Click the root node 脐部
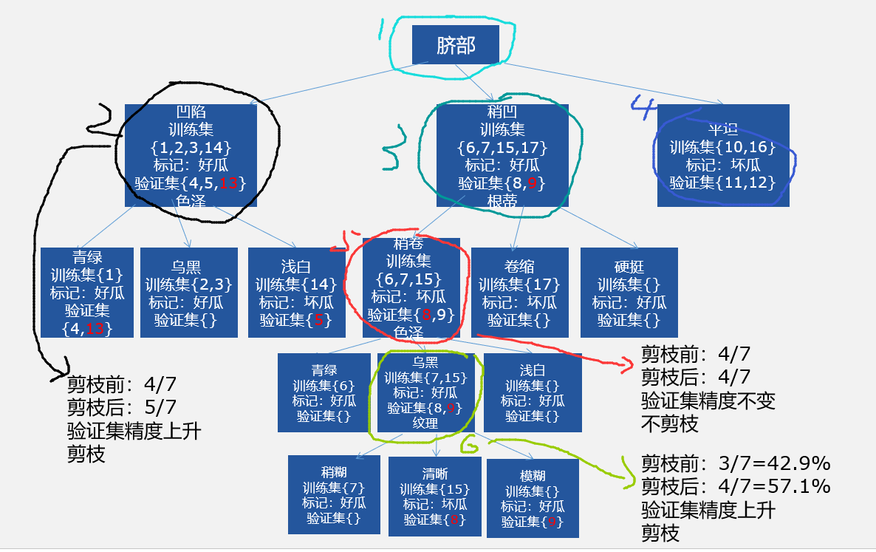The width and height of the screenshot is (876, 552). [455, 44]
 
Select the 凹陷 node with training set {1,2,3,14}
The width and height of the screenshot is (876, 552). [190, 155]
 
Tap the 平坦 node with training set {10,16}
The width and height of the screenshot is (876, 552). [722, 156]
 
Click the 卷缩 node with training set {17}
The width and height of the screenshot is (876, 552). [519, 293]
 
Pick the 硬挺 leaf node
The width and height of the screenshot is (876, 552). [629, 293]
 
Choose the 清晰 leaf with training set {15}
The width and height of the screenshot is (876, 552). [435, 496]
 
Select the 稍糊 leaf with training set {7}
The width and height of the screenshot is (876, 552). [334, 495]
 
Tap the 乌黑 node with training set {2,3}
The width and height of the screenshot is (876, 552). [188, 293]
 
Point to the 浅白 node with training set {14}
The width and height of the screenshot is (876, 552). [296, 293]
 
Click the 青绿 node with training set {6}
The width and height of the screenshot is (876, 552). [324, 392]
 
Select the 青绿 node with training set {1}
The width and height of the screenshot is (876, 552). [87, 293]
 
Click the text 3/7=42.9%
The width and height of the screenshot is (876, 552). [775, 464]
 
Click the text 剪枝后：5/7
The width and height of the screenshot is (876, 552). [123, 406]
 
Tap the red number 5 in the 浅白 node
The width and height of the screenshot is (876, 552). [319, 320]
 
